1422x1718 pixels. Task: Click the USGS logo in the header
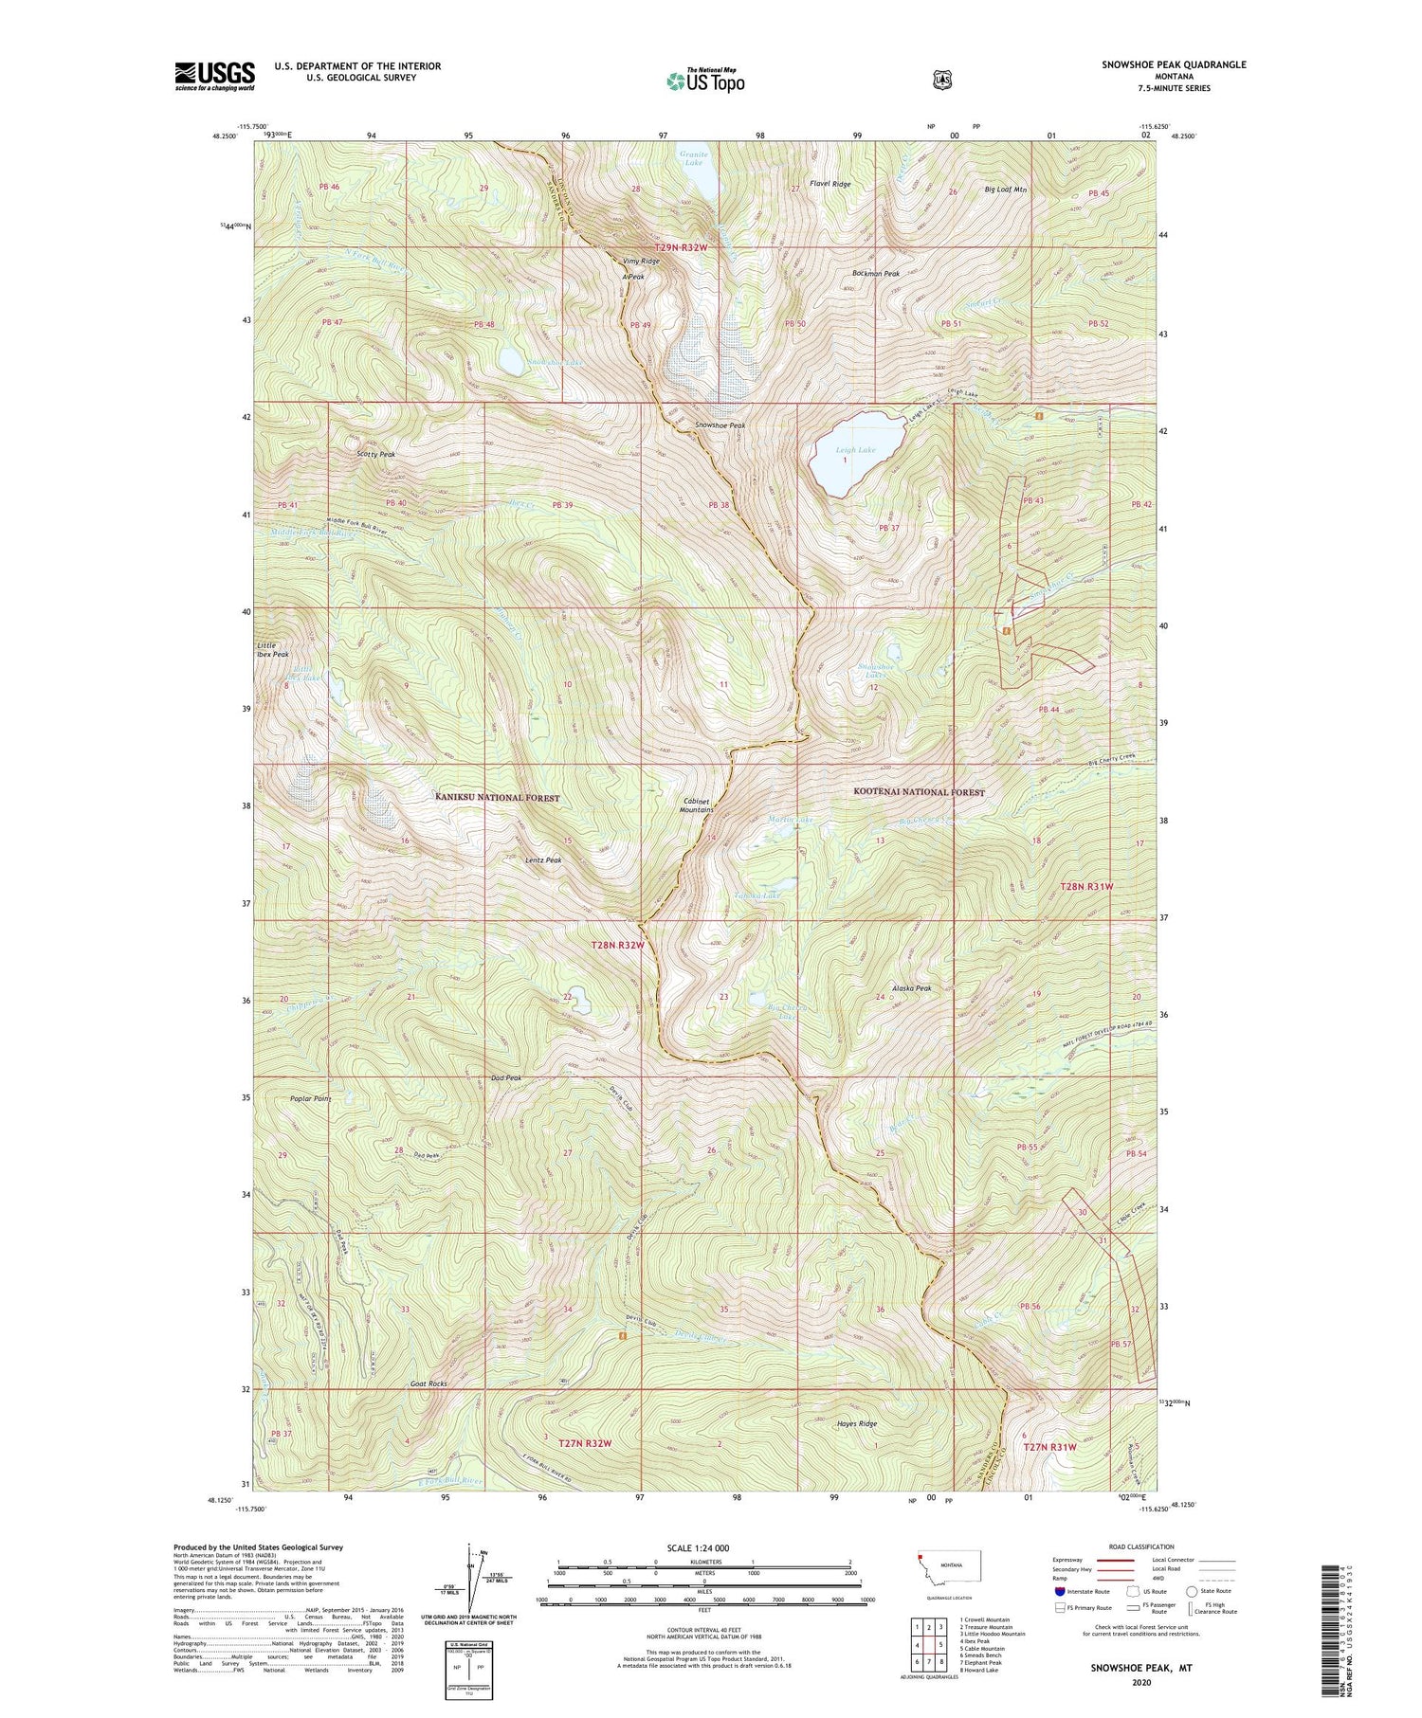pyautogui.click(x=215, y=76)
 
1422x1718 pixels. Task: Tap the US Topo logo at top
pyautogui.click(x=705, y=81)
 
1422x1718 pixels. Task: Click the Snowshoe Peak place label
pyautogui.click(x=720, y=425)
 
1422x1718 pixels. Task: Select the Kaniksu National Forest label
pyautogui.click(x=498, y=798)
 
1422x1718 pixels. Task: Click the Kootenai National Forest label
pyautogui.click(x=919, y=792)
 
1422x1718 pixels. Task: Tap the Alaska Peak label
pyautogui.click(x=911, y=988)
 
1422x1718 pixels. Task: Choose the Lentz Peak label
pyautogui.click(x=543, y=860)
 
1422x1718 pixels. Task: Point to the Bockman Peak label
pyautogui.click(x=875, y=274)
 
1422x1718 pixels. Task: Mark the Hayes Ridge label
pyautogui.click(x=856, y=1423)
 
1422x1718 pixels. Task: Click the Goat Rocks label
pyautogui.click(x=428, y=1383)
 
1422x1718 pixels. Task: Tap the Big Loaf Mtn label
pyautogui.click(x=1005, y=190)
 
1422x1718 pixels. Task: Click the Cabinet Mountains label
pyautogui.click(x=697, y=805)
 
